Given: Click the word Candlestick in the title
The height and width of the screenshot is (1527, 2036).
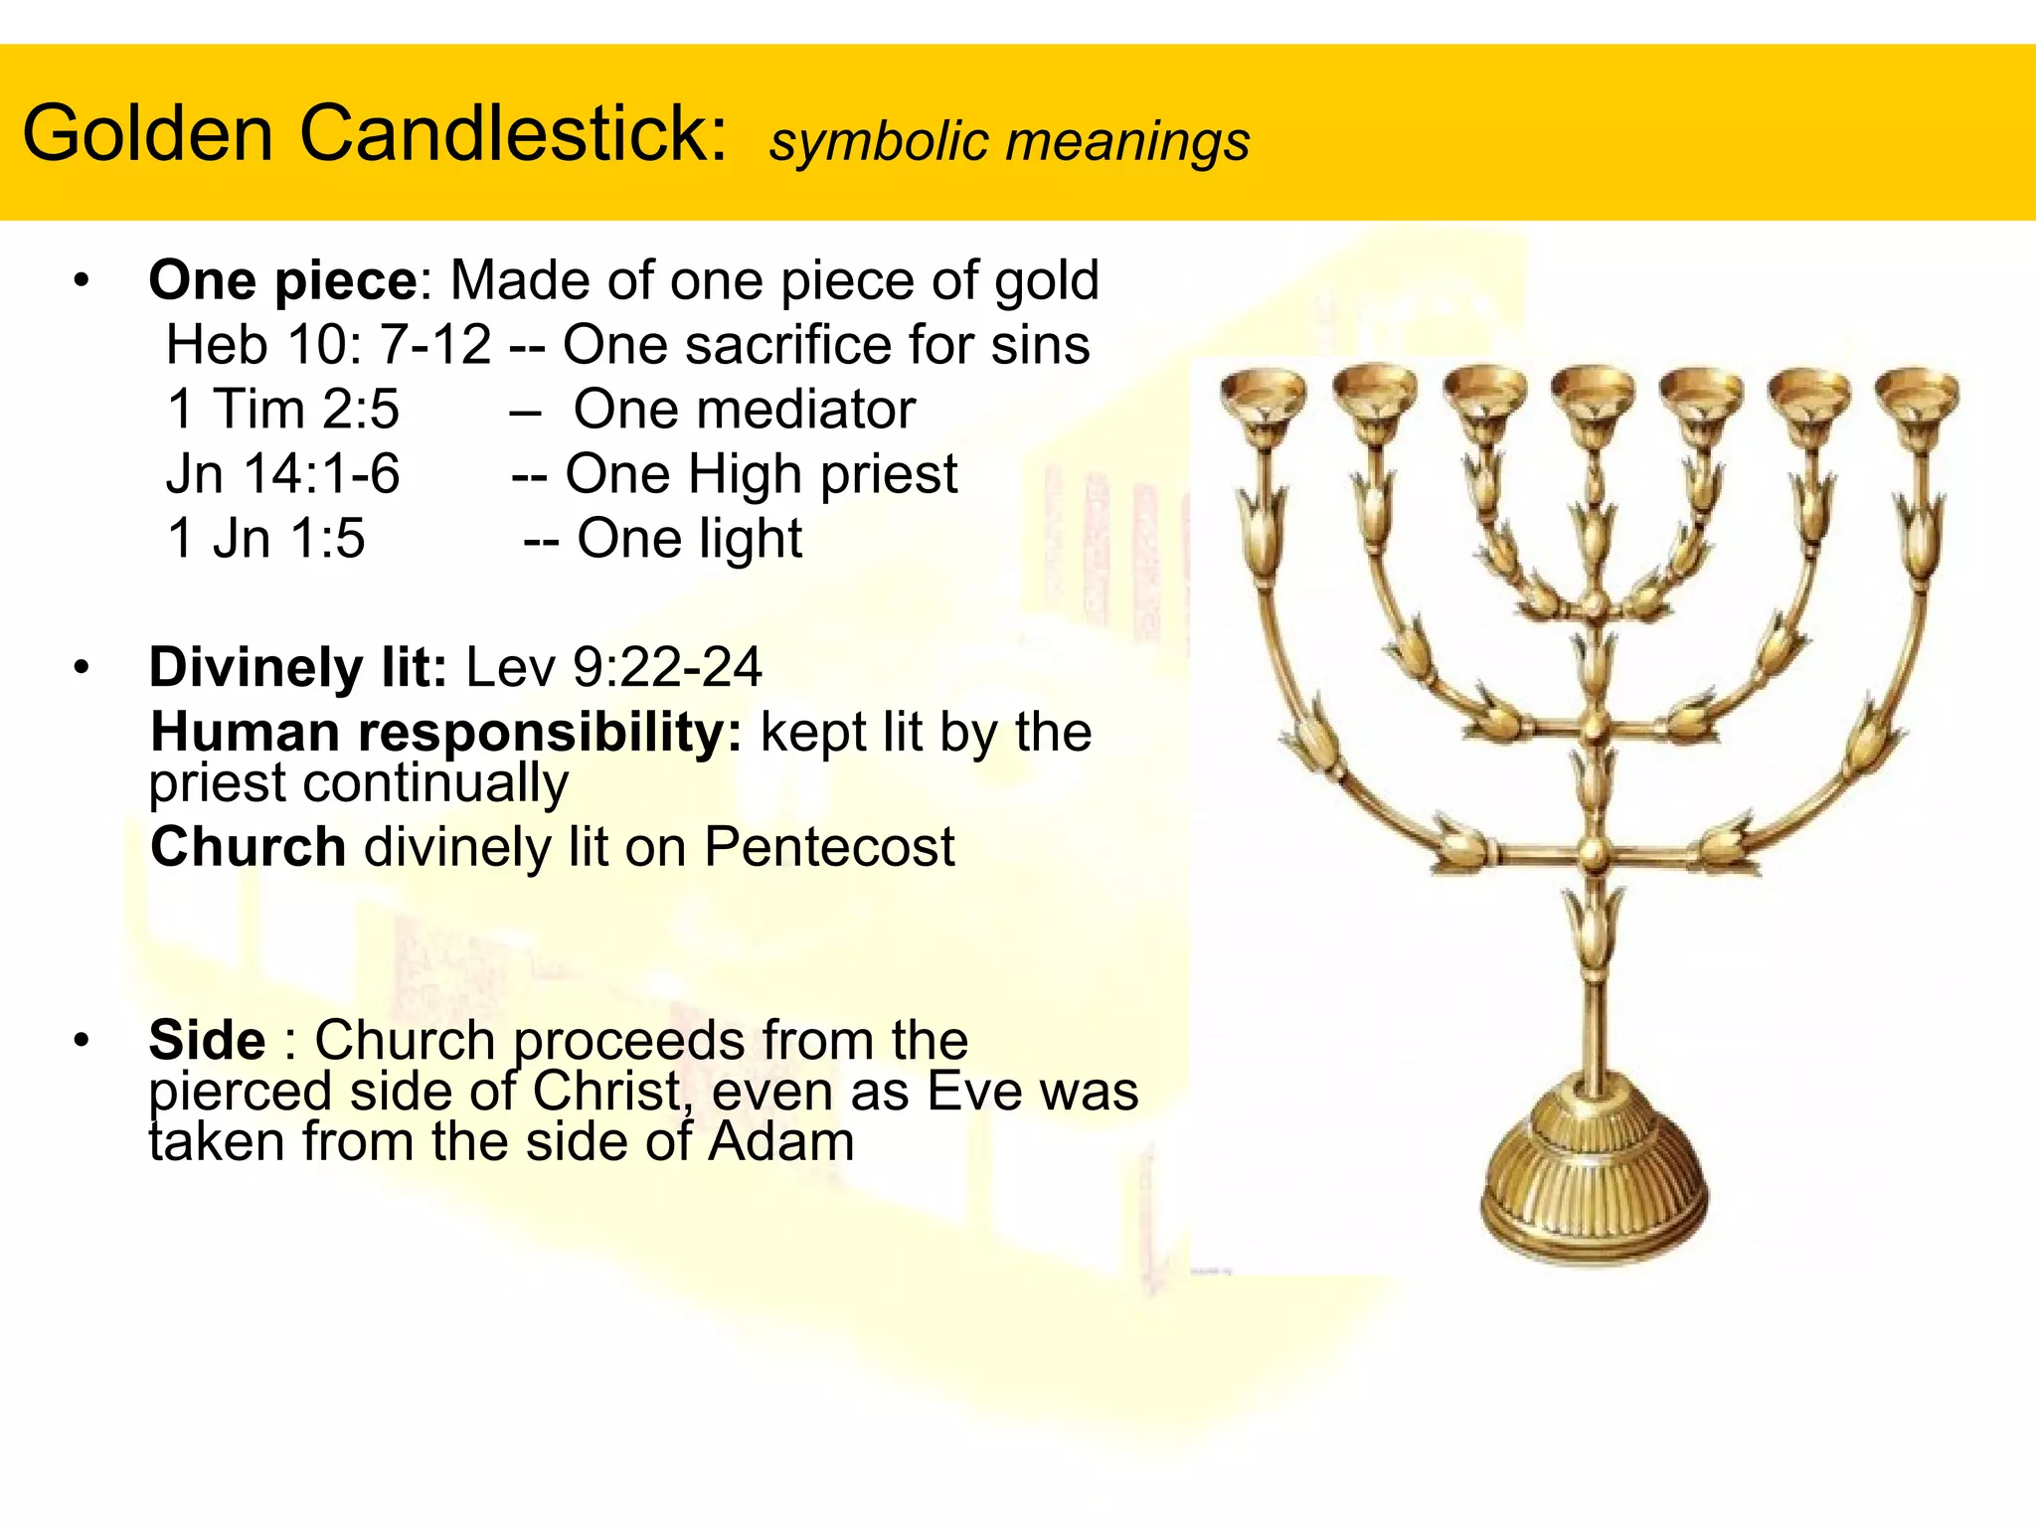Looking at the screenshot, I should click(513, 133).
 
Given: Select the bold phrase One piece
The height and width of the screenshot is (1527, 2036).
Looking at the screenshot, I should click(283, 280).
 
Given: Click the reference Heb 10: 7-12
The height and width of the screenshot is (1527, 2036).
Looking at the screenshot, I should click(328, 345).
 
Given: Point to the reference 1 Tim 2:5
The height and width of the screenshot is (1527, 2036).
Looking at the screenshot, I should click(283, 410).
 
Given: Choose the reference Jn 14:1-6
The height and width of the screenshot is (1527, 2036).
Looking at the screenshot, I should click(283, 474).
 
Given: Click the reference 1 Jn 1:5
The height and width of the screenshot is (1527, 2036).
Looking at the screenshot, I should click(266, 539).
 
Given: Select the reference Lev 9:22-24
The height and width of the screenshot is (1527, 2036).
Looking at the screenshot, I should click(613, 667).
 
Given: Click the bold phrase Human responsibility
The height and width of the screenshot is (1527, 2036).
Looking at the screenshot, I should click(445, 733).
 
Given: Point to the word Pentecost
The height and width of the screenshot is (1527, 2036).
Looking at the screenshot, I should click(829, 847).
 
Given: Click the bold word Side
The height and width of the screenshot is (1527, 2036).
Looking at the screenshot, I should click(207, 1041).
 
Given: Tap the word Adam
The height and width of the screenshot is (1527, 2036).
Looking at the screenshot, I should click(780, 1141).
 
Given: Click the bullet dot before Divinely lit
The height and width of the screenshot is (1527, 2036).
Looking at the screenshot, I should click(82, 668).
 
